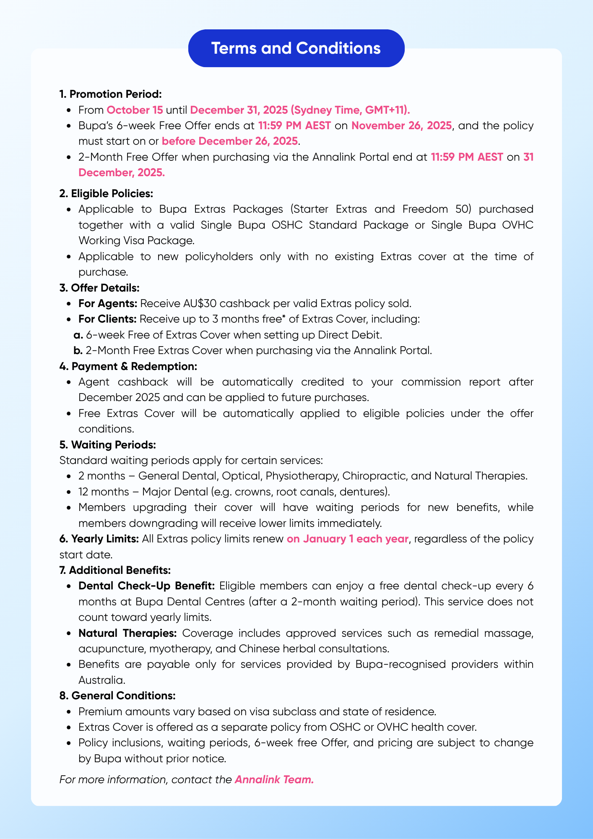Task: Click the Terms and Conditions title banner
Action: coord(296,48)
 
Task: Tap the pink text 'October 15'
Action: coord(135,110)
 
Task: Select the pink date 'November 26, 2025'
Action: coord(402,125)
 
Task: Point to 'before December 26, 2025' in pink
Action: coord(229,141)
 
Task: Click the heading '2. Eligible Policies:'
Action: coord(107,193)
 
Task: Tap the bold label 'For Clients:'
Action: coord(107,319)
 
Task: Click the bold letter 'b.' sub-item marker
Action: coord(78,350)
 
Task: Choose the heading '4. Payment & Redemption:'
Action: coord(128,366)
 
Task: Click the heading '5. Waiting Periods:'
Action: coord(108,444)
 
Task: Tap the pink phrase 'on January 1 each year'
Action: coord(347,539)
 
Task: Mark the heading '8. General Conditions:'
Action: coord(117,696)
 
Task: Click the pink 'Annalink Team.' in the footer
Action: coord(274,779)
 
